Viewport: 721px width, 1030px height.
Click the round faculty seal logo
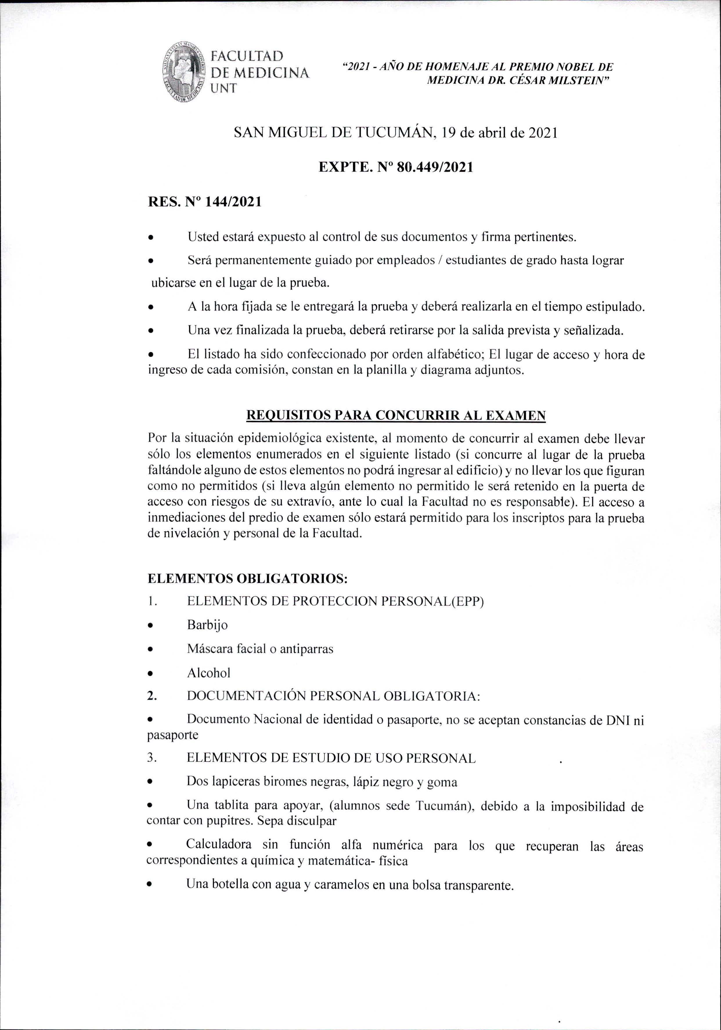pos(184,72)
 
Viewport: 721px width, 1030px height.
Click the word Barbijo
pos(207,625)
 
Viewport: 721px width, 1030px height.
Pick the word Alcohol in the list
pos(209,673)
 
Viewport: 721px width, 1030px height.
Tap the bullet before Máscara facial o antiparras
pos(151,650)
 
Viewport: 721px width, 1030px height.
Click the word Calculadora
pos(219,844)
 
